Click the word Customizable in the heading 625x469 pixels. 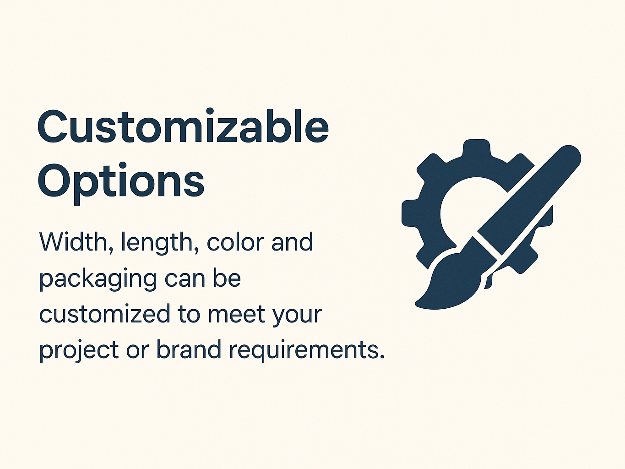(x=183, y=127)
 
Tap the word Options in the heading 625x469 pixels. (x=121, y=181)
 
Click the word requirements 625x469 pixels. (x=306, y=351)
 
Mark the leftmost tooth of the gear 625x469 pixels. (x=409, y=213)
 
